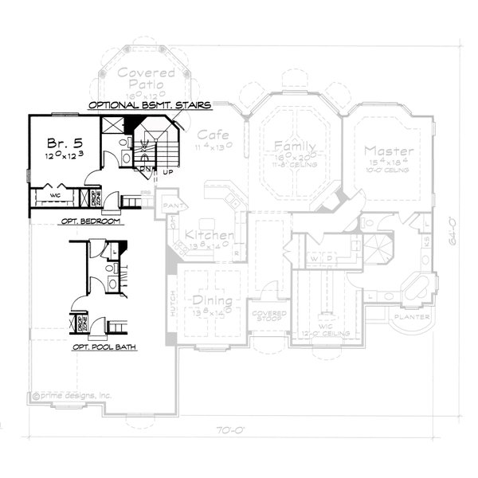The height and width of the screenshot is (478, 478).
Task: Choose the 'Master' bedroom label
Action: (389, 151)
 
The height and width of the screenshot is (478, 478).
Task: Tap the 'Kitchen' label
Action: (210, 236)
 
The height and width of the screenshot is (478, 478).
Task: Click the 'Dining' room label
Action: (212, 301)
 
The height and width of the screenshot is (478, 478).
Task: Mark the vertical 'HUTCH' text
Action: (173, 305)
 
